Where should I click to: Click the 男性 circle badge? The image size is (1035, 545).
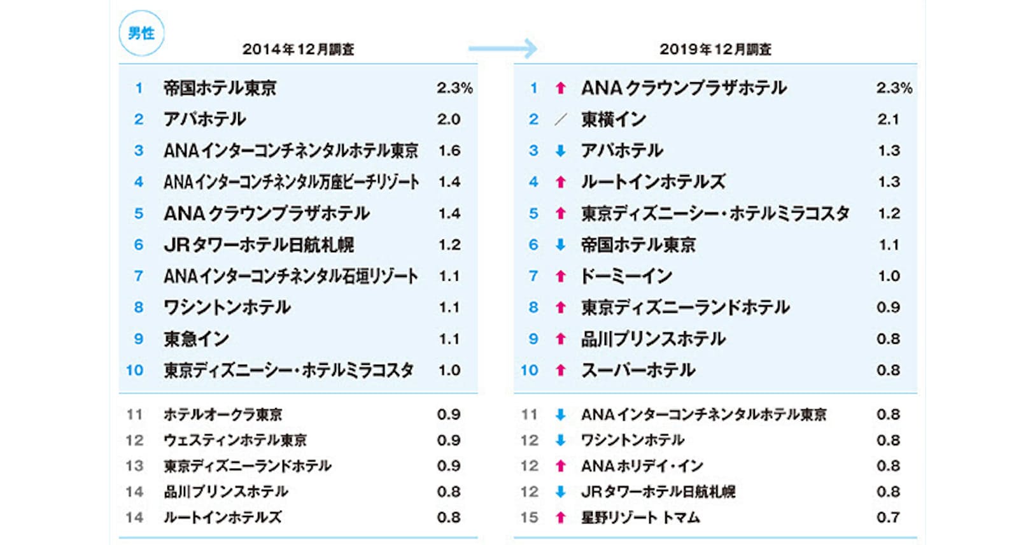[141, 33]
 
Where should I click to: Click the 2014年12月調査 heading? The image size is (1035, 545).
[298, 50]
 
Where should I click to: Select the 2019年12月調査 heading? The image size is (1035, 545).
[715, 50]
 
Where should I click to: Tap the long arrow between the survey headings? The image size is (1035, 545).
[502, 48]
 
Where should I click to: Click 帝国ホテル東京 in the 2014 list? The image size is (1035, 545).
[220, 88]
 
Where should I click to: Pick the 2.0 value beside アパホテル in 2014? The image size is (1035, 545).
[448, 119]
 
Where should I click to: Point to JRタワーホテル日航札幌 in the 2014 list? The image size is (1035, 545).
[258, 244]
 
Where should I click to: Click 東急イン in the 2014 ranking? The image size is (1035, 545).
[196, 339]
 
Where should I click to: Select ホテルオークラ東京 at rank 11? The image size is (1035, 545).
[223, 414]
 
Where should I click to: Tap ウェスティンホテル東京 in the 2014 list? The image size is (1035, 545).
[235, 440]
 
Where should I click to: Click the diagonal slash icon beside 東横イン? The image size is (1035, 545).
[560, 119]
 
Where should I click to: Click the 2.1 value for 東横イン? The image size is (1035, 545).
[888, 119]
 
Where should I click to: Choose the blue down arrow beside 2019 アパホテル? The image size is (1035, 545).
[560, 151]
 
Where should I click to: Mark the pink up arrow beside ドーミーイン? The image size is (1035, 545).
[560, 276]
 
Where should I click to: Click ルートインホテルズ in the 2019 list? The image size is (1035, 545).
[652, 182]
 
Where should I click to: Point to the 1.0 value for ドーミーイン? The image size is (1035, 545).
[888, 276]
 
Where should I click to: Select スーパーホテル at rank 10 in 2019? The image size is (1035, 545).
[638, 370]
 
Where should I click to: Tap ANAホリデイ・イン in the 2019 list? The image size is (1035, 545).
[642, 466]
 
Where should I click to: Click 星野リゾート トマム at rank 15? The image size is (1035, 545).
[640, 518]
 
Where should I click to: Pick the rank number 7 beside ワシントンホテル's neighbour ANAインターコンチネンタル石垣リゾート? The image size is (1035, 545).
[138, 276]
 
